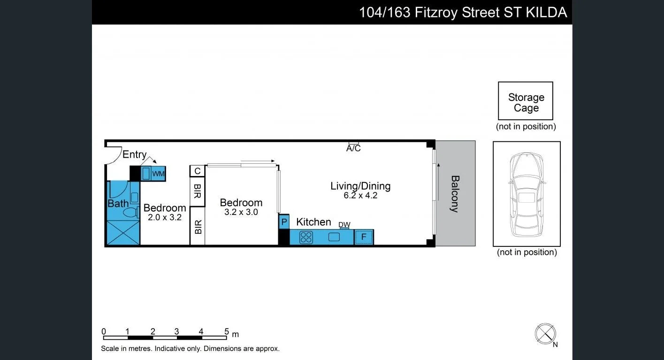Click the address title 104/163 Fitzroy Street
(463, 12)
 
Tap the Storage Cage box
(526, 101)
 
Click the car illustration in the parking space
(527, 194)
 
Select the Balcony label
(455, 193)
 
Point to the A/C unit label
(353, 149)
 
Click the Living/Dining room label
(360, 186)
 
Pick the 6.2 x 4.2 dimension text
(360, 196)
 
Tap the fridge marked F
(364, 237)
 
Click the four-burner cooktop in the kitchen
(306, 237)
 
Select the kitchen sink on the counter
(334, 237)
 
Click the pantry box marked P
(284, 222)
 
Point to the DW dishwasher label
(344, 225)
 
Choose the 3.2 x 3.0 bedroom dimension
(241, 212)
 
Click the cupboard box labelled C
(198, 171)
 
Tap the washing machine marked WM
(158, 174)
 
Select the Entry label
(134, 154)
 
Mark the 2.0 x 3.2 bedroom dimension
(165, 217)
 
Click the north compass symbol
(545, 334)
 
